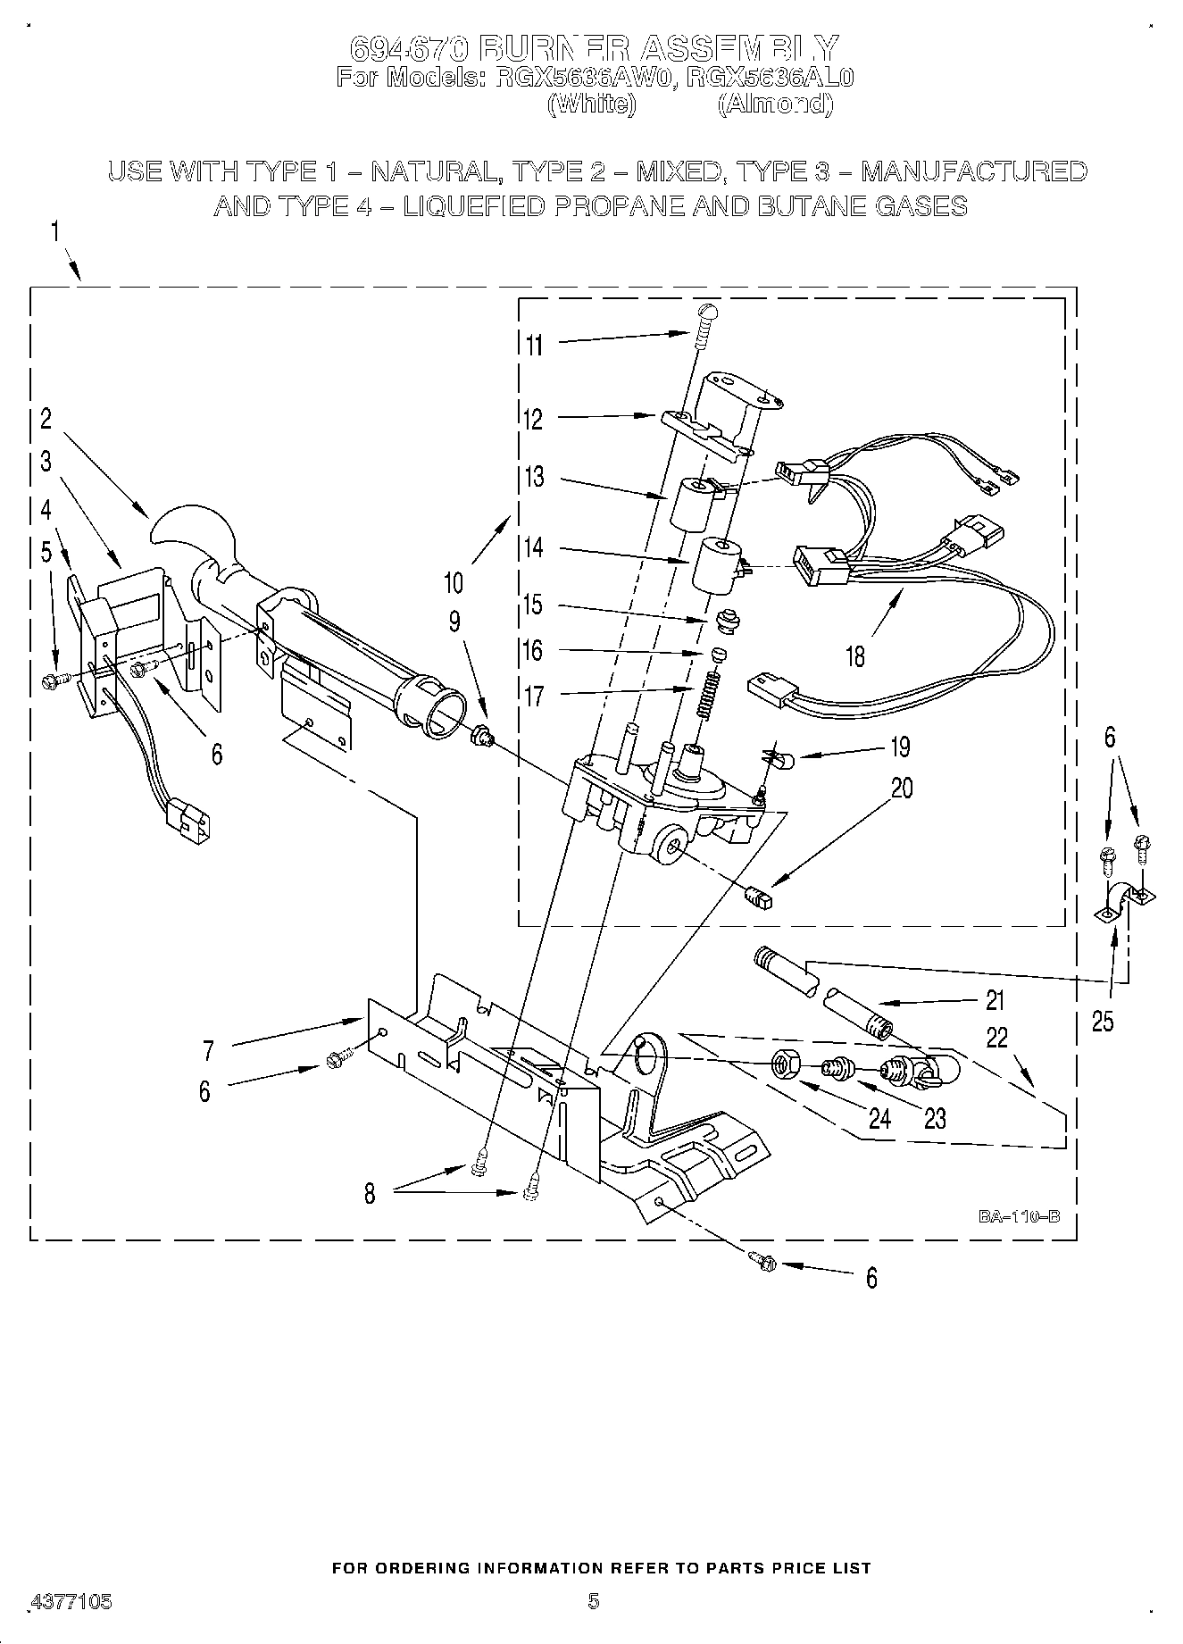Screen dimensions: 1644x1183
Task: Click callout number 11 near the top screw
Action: (x=534, y=345)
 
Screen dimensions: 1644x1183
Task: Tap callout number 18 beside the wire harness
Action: (x=854, y=657)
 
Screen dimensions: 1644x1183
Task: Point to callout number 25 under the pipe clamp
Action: (x=1103, y=1021)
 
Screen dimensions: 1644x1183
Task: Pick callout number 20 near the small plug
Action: (x=902, y=789)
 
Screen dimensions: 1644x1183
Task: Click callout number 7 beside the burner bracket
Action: (x=208, y=1051)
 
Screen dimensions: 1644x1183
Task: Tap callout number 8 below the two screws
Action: (x=370, y=1194)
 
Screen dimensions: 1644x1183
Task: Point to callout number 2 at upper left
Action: (x=46, y=419)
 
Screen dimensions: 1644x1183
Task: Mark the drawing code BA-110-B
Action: (x=1018, y=1216)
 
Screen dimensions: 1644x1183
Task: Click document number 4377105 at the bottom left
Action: (x=71, y=1602)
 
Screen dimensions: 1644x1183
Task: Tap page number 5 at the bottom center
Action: (x=593, y=1601)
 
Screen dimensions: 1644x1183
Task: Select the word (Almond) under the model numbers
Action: (x=775, y=104)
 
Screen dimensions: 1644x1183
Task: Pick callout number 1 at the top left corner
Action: (x=55, y=233)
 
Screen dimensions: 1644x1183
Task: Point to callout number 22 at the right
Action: (x=996, y=1038)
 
